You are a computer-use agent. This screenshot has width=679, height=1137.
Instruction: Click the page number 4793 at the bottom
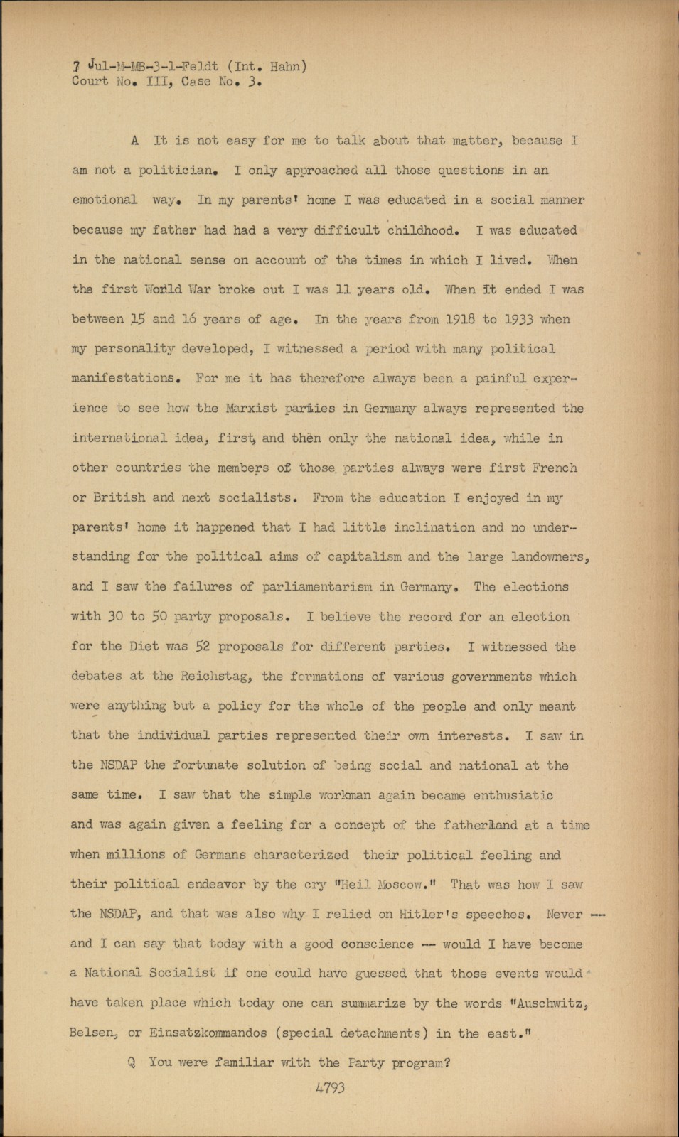330,1087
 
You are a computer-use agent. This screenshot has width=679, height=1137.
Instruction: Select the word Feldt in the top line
199,67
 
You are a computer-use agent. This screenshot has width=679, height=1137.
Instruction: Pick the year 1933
518,319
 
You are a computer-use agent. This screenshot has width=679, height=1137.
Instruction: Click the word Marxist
250,409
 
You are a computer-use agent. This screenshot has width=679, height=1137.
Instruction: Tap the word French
553,468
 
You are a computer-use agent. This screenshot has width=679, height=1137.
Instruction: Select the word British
119,497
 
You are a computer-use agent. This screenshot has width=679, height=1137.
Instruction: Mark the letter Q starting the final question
132,1063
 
